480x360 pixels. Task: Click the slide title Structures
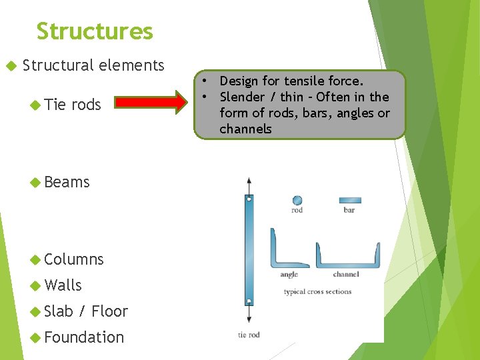pyautogui.click(x=95, y=31)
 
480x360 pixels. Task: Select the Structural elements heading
pyautogui.click(x=93, y=65)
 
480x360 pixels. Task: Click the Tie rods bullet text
pyautogui.click(x=73, y=104)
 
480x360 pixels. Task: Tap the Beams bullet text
pyautogui.click(x=67, y=182)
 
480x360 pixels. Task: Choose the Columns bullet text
pyautogui.click(x=73, y=259)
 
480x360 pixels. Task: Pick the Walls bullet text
pyautogui.click(x=63, y=285)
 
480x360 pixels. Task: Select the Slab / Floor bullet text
pyautogui.click(x=85, y=311)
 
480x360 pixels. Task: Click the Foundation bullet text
pyautogui.click(x=83, y=337)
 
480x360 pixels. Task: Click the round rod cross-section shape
pyautogui.click(x=297, y=199)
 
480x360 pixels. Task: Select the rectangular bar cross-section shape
pyautogui.click(x=349, y=199)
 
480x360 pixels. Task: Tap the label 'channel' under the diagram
pyautogui.click(x=345, y=274)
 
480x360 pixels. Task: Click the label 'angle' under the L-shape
pyautogui.click(x=289, y=274)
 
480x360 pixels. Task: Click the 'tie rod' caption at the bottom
pyautogui.click(x=249, y=335)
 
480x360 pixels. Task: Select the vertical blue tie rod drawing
pyautogui.click(x=249, y=250)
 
